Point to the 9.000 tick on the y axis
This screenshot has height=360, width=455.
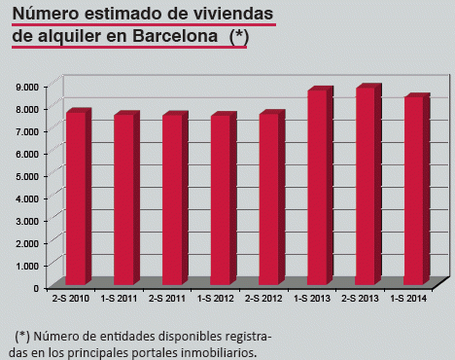pyautogui.click(x=28, y=86)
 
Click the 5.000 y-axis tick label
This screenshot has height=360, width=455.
pyautogui.click(x=28, y=175)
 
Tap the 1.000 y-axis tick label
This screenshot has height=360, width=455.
pyautogui.click(x=28, y=265)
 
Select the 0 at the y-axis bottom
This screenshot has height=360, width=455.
pyautogui.click(x=36, y=287)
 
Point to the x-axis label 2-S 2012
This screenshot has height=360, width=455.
pyautogui.click(x=263, y=298)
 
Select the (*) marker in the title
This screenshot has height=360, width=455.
pyautogui.click(x=239, y=36)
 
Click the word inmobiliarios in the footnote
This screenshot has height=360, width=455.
pyautogui.click(x=216, y=352)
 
